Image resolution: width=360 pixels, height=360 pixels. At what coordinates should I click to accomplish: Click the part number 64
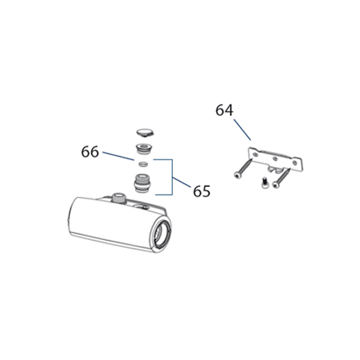pos(224,110)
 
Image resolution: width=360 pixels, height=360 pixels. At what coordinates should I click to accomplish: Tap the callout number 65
pos(202,191)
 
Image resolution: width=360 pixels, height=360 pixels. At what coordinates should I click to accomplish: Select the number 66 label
pos(90,152)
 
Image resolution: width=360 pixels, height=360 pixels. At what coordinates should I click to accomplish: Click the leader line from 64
pos(242,130)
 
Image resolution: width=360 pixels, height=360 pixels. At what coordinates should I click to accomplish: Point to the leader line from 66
pos(118,156)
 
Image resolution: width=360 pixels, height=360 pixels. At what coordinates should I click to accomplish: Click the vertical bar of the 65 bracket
pos(172,177)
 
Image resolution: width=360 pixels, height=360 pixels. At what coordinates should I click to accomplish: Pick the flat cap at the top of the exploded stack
pos(146,133)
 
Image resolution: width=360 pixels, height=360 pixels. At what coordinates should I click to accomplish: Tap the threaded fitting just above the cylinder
pos(143,183)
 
